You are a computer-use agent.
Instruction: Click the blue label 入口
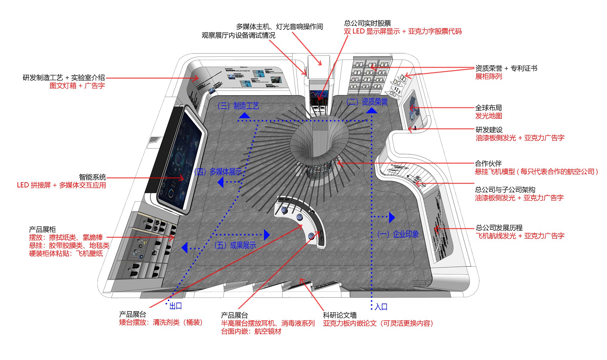pos(381,307)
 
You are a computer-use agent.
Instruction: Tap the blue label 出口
pos(175,306)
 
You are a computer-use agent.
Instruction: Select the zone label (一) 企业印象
pos(398,234)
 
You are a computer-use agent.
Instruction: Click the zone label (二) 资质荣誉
pos(367,102)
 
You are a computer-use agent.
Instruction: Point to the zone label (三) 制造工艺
pos(238,106)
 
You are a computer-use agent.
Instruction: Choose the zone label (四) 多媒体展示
pos(218,172)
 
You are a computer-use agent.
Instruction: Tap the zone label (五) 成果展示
pos(235,245)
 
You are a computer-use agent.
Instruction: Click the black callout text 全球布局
pos(488,108)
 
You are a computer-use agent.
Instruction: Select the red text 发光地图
pos(488,116)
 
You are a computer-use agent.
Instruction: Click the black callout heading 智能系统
pos(92,177)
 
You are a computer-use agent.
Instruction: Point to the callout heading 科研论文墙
pos(340,315)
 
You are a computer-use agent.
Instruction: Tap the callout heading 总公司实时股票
pos(368,23)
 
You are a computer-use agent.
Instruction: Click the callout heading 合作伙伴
pos(488,163)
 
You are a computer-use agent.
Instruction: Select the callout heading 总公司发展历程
pos(499,227)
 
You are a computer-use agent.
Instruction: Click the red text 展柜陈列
pos(488,76)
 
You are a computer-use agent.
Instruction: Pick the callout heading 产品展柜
pos(42,229)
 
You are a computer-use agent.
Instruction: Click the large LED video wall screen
pos(179,161)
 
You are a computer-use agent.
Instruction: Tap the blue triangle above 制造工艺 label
pos(244,115)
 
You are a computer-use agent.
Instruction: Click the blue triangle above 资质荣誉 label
pos(371,110)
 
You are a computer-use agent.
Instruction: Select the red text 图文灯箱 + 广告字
pos(77,86)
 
